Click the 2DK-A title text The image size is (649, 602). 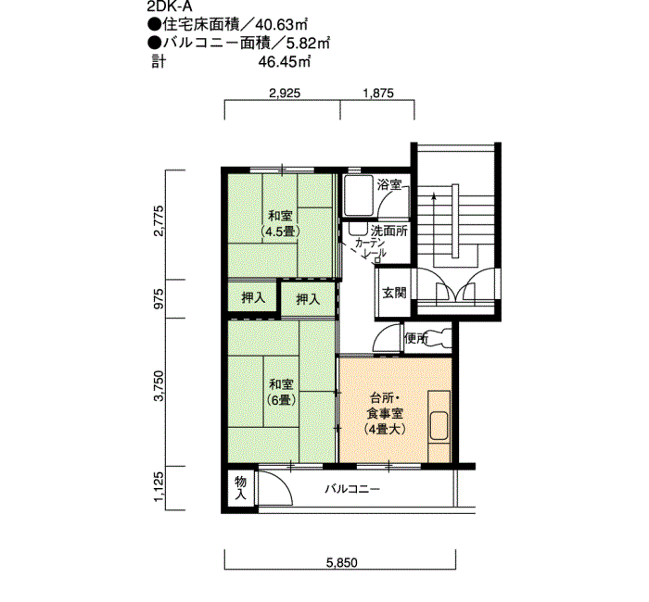point(170,6)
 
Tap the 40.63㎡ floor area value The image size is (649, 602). point(282,25)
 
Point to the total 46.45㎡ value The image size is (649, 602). point(285,62)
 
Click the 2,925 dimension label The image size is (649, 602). point(285,93)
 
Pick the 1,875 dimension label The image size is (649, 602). point(378,93)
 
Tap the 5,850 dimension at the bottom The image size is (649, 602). point(341,562)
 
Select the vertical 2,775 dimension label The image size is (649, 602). point(159,220)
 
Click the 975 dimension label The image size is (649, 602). point(159,298)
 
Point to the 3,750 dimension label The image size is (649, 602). point(159,386)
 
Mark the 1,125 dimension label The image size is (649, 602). point(159,487)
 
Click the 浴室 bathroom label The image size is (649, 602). point(389,184)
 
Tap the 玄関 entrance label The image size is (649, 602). point(394,293)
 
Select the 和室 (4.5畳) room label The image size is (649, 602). point(281,224)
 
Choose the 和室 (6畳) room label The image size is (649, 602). point(281,393)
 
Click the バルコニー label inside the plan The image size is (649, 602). point(351,490)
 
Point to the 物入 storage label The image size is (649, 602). point(240,487)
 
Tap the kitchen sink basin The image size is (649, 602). point(439,426)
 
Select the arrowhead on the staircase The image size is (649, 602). point(433,196)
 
